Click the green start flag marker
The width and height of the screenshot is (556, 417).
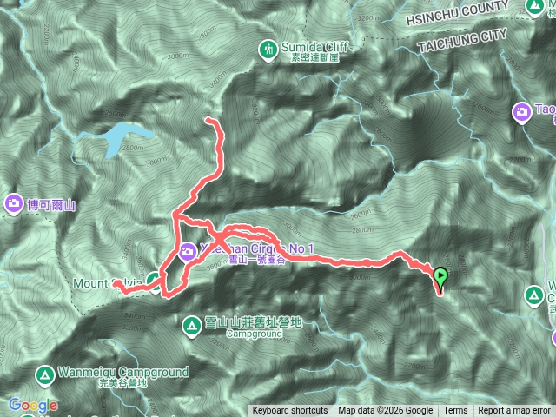440,277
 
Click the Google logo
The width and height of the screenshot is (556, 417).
32,405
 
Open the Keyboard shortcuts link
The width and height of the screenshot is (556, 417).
290,411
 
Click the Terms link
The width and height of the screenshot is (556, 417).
455,411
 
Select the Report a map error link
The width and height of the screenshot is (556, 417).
515,411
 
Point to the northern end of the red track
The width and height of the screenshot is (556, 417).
209,120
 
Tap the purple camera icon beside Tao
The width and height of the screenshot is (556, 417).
522,111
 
